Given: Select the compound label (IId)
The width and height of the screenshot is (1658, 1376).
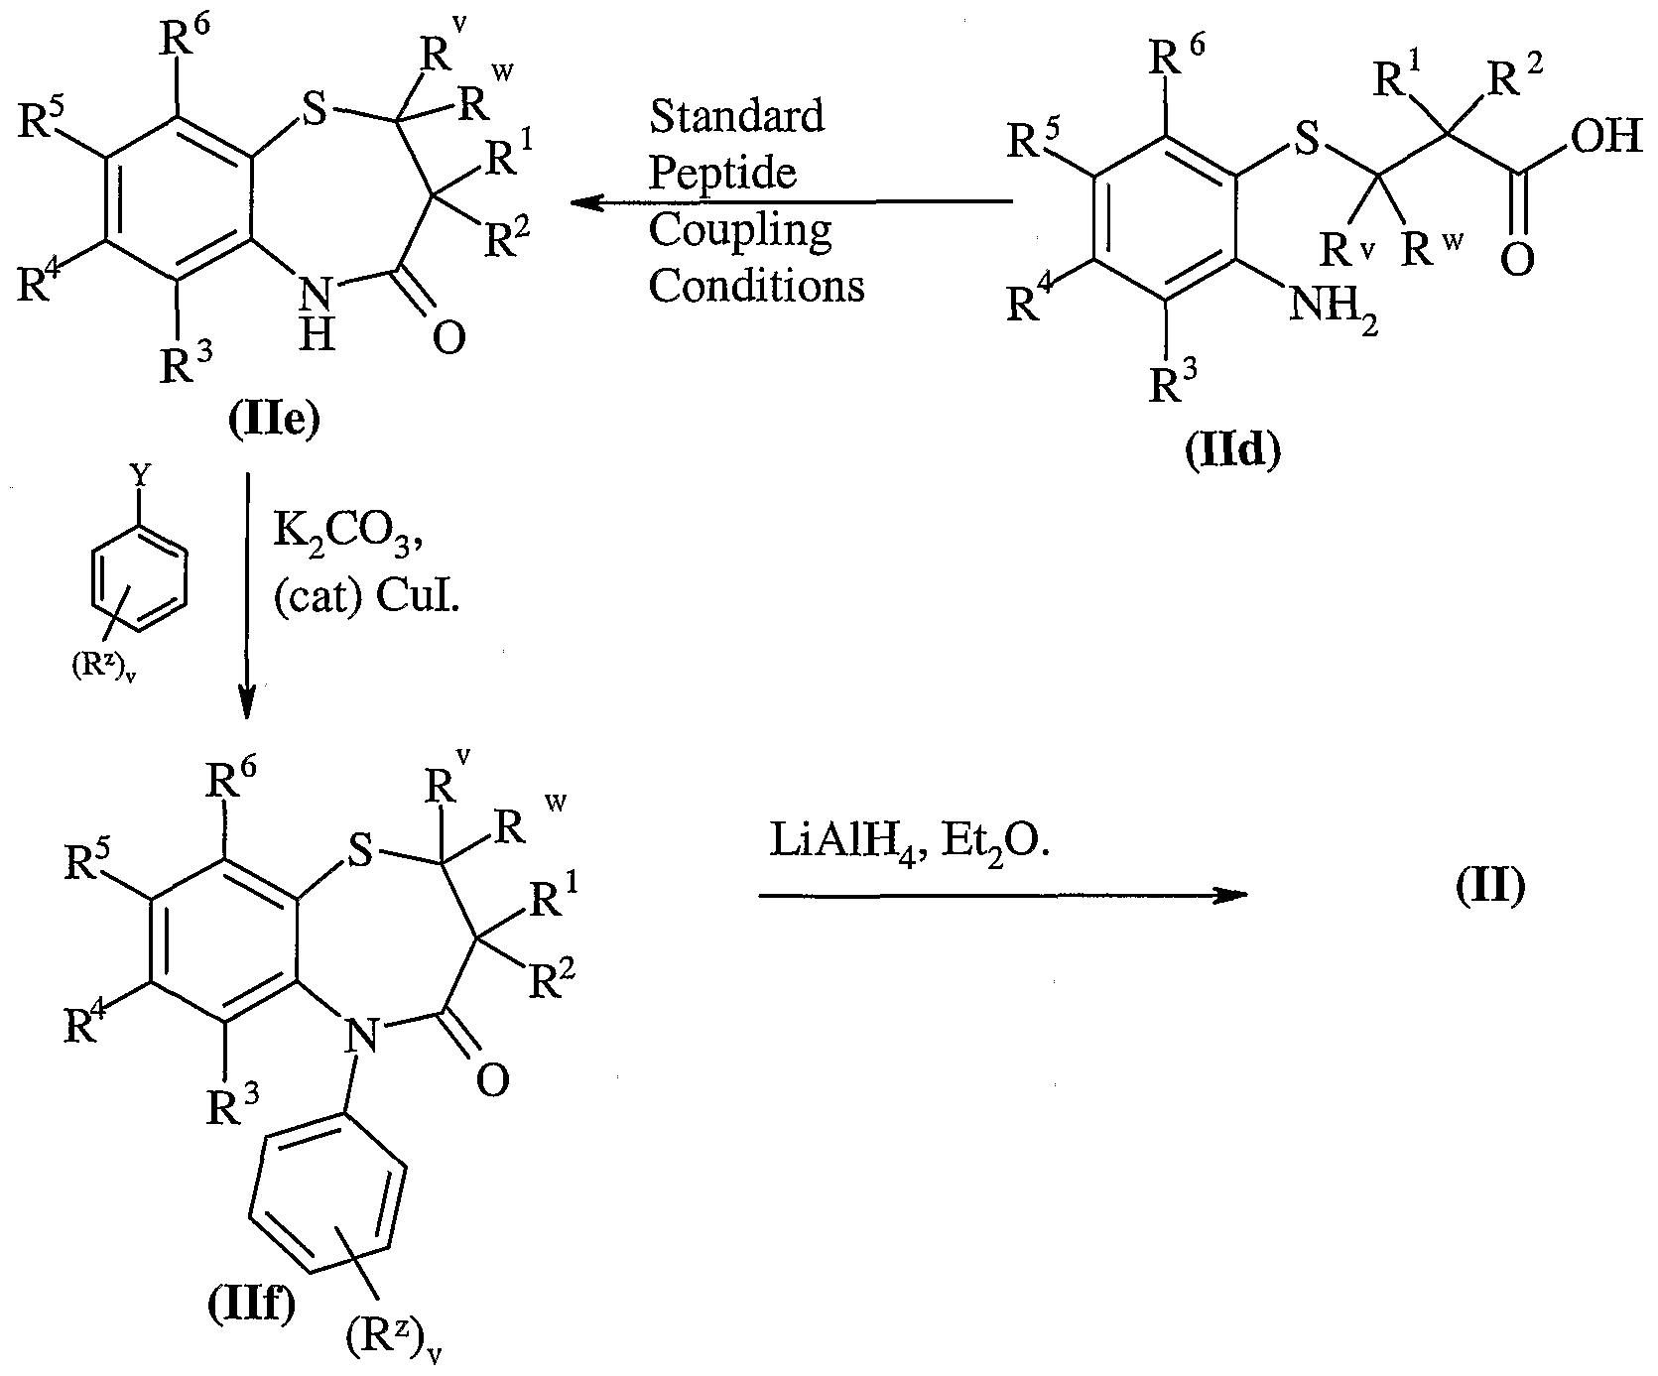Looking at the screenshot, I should pyautogui.click(x=1233, y=451).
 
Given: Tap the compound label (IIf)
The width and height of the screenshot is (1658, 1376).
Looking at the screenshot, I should pyautogui.click(x=250, y=1308).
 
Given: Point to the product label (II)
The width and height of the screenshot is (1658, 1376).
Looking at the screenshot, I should pyautogui.click(x=1489, y=886).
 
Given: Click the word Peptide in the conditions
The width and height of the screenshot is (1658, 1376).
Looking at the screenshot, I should pyautogui.click(x=722, y=174).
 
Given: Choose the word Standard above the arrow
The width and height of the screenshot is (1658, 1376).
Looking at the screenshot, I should pyautogui.click(x=736, y=117).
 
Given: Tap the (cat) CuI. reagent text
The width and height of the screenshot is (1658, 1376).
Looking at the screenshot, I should pyautogui.click(x=367, y=597).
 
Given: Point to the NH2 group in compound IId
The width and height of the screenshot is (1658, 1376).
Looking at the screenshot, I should pyautogui.click(x=1334, y=311).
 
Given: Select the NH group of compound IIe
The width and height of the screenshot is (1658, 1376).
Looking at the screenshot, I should pyautogui.click(x=315, y=308).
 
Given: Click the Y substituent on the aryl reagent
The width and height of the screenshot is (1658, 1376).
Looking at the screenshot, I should pyautogui.click(x=142, y=479).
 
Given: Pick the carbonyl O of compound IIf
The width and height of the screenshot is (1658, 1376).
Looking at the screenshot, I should pyautogui.click(x=492, y=1080).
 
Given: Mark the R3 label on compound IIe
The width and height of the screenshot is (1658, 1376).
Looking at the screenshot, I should pyautogui.click(x=185, y=364).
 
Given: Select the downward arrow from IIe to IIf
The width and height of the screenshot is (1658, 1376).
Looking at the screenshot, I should pyautogui.click(x=246, y=595).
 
